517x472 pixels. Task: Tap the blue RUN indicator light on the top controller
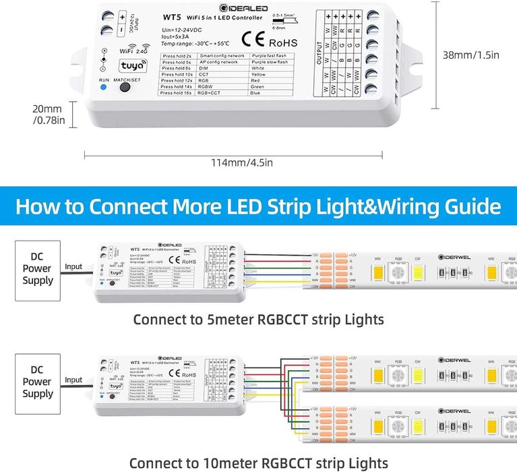[103, 88]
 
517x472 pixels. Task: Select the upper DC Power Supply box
[38, 268]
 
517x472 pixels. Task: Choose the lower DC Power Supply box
[38, 381]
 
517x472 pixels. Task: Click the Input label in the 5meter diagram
[73, 267]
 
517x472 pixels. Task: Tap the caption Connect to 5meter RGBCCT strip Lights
[259, 319]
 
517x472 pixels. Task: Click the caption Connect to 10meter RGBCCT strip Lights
[259, 463]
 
